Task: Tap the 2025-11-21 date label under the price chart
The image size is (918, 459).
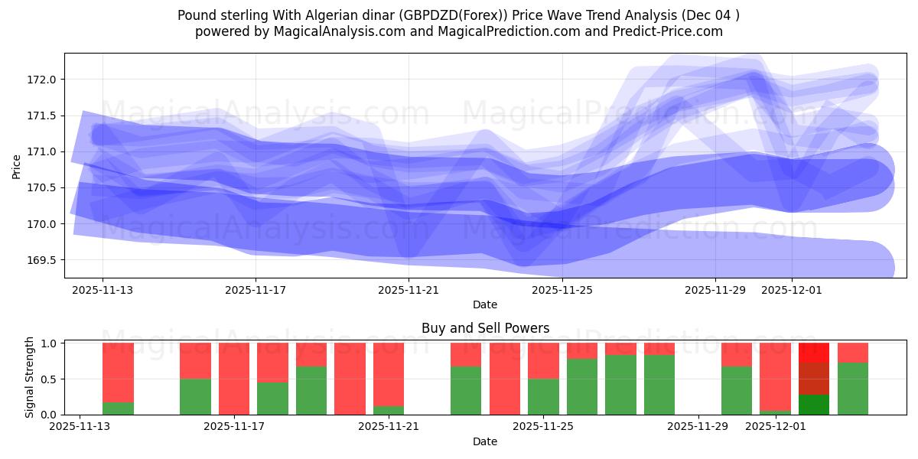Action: coord(409,290)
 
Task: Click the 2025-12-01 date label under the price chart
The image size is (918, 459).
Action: coord(792,290)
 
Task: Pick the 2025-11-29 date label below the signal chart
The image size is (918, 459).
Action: coord(698,426)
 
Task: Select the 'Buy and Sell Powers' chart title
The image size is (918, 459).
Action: coord(485,328)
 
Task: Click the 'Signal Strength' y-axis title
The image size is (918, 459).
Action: coord(30,377)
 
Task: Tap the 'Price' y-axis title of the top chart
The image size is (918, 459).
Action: coord(17,166)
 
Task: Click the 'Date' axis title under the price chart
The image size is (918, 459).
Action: coord(485,304)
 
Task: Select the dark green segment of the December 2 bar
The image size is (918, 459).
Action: coord(814,405)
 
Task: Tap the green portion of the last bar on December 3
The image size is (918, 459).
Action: coord(852,389)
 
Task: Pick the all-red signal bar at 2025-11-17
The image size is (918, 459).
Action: coord(234,379)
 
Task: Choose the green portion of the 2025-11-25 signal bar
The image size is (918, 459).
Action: coord(543,396)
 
